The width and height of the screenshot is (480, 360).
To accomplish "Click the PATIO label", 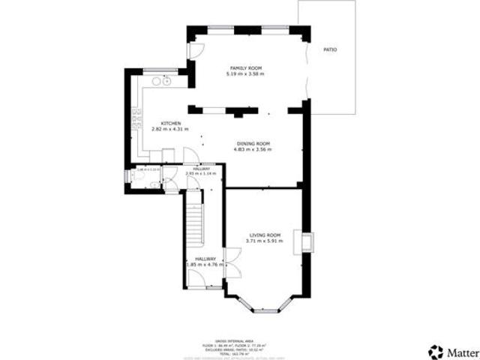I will tap(330, 49).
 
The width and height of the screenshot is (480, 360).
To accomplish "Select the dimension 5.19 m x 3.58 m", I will tap(244, 74).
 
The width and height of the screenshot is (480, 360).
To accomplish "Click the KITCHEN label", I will tap(170, 123).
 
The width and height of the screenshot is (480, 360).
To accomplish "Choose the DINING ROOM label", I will tap(253, 143).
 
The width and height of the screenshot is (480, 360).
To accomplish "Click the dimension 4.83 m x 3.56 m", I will tap(253, 149).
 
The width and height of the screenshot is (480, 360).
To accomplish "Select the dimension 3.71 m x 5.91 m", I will tap(264, 242).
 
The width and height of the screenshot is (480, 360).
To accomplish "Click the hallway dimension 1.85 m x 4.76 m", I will tap(201, 264).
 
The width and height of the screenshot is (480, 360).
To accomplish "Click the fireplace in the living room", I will tap(307, 241).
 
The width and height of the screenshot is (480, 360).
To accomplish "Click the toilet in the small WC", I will tap(129, 176).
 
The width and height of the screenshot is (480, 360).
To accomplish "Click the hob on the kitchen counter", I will tap(137, 116).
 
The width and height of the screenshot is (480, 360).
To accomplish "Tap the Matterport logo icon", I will tap(435, 350).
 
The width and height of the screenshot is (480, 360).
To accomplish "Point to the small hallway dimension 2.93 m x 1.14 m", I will tap(201, 173).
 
